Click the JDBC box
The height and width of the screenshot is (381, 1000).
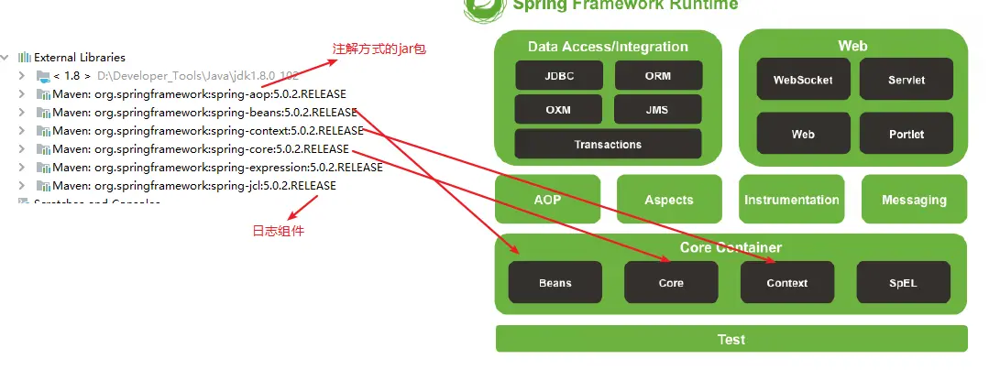pos(559,75)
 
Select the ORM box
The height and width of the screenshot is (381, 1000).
pos(658,75)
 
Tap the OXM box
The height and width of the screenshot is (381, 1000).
pos(559,109)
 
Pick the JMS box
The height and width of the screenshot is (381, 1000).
pos(658,109)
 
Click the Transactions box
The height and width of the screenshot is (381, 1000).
pos(608,144)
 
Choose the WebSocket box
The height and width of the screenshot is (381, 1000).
pos(803,80)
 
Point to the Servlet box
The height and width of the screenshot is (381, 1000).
pos(907,80)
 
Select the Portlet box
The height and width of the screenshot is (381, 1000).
pos(907,134)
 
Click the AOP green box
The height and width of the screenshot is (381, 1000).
pos(547,200)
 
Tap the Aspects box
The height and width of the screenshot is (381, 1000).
pos(669,200)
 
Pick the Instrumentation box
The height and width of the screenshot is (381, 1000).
pos(791,200)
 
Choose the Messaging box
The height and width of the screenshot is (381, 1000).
pos(914,200)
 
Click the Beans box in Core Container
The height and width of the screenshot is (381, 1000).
pos(555,283)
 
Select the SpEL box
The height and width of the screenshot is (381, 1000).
pos(903,283)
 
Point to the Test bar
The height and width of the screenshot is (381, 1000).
pos(731,339)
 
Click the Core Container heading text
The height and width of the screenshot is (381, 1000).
pos(731,247)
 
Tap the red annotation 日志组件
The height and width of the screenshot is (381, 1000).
pos(278,231)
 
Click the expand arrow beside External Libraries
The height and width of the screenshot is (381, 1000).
pos(6,57)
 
